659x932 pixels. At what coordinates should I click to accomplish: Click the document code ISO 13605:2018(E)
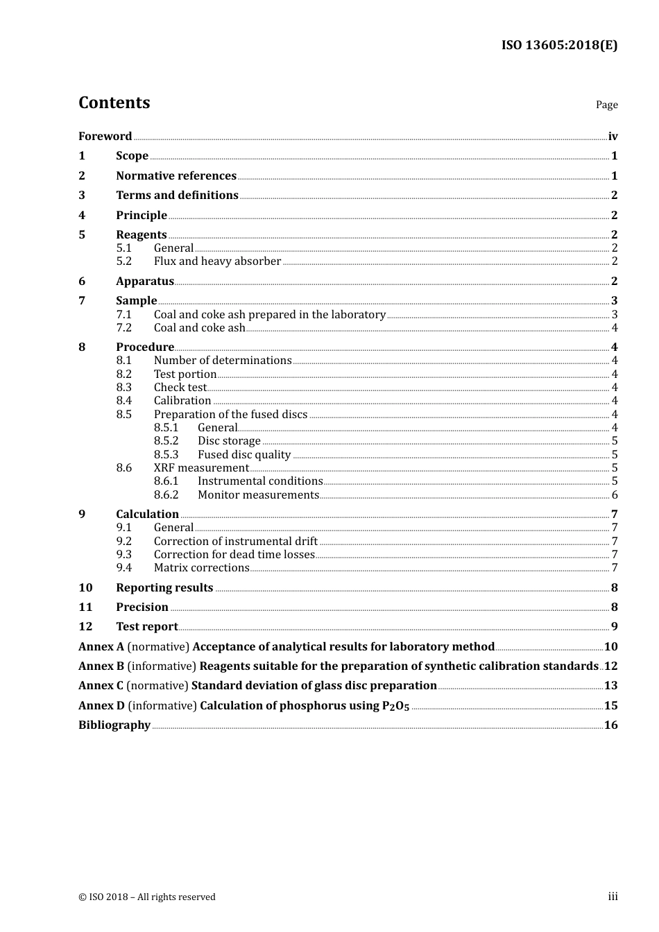(559, 46)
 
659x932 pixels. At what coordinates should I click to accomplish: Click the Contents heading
(114, 103)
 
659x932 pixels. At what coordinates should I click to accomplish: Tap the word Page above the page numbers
(606, 105)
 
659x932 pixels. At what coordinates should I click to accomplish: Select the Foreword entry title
(105, 137)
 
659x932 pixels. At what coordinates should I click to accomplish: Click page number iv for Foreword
(613, 137)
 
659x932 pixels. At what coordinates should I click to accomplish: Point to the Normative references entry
(176, 176)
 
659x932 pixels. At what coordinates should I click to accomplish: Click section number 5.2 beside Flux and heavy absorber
(123, 261)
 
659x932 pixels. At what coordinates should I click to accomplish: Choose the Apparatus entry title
(144, 282)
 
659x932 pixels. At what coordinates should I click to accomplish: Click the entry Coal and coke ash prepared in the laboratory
(269, 315)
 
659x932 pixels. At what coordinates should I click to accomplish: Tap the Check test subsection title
(180, 388)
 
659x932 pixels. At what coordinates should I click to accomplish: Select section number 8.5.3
(166, 455)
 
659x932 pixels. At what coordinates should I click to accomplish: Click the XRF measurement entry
(200, 468)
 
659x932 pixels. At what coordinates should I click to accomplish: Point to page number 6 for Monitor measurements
(615, 495)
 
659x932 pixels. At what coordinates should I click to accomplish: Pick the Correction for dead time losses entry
(234, 555)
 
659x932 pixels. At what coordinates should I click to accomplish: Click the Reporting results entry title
(164, 588)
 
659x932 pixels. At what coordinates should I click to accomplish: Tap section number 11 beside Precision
(85, 607)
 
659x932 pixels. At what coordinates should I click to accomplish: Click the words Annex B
(101, 666)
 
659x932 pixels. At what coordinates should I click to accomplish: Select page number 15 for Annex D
(610, 706)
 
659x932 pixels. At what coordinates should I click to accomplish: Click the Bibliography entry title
(114, 725)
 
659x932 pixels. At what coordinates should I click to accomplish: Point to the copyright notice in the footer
(147, 897)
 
